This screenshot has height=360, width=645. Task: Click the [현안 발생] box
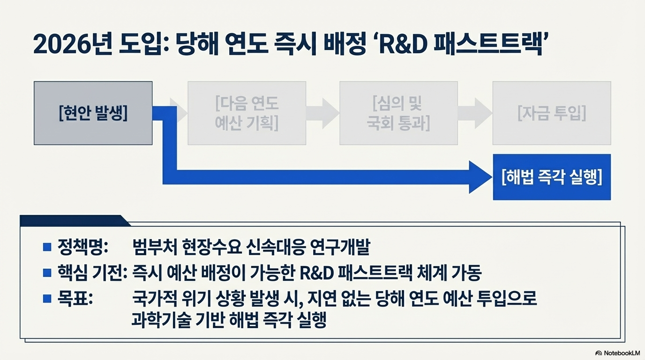click(93, 113)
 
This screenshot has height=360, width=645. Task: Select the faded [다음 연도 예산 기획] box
click(247, 113)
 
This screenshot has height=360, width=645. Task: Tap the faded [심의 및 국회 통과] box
click(398, 113)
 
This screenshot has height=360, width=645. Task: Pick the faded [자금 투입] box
click(552, 113)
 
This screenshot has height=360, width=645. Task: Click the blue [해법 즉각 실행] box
click(552, 177)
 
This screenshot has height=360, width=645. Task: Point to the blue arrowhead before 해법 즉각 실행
click(480, 177)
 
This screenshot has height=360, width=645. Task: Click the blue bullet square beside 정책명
click(47, 247)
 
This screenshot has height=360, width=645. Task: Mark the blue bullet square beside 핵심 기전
click(47, 272)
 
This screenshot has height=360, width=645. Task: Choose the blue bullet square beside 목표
click(47, 298)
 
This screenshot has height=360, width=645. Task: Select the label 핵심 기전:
click(92, 272)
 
